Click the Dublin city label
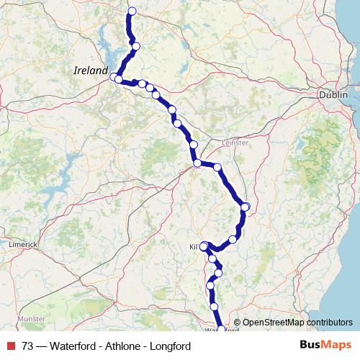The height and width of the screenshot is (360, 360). click(x=334, y=95)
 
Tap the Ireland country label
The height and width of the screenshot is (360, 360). click(x=91, y=71)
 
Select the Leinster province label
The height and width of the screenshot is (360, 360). click(x=235, y=143)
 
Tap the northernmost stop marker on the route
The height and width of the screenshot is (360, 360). click(x=131, y=11)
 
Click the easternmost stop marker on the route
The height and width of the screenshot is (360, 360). click(x=245, y=207)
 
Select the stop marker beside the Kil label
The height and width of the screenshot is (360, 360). click(x=204, y=246)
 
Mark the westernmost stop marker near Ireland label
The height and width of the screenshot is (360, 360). click(x=114, y=77)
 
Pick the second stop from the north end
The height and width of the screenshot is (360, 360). click(x=135, y=46)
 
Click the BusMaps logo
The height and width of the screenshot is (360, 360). click(x=326, y=346)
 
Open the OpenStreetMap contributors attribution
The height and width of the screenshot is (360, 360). click(x=297, y=323)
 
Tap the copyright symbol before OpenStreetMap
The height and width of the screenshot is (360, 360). click(x=237, y=323)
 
